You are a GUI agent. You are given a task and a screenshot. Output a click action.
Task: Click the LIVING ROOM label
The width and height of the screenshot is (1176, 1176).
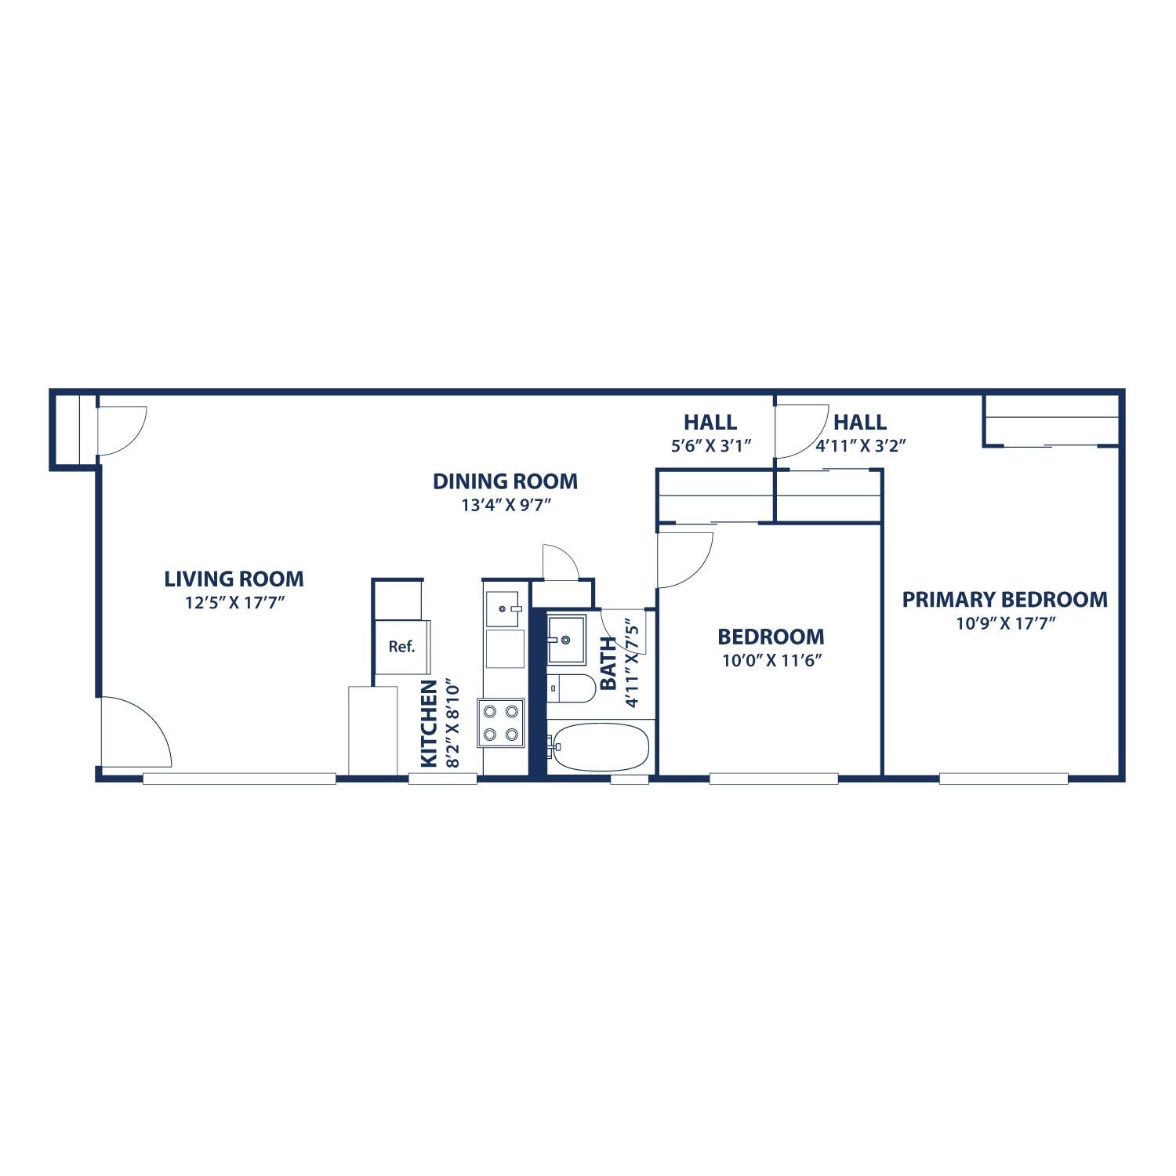coord(234,579)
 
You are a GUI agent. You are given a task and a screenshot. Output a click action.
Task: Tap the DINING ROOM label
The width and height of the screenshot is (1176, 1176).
coord(505,481)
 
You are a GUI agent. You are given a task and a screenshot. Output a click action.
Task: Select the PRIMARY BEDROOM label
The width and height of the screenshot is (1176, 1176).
coord(1004,600)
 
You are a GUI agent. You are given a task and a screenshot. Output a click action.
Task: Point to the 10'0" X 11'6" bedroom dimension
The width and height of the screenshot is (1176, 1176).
coord(771,660)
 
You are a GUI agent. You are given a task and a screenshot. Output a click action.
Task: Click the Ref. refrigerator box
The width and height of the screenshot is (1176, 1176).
coord(401,647)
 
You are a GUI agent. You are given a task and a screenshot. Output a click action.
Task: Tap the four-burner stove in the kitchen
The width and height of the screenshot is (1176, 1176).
coord(502,723)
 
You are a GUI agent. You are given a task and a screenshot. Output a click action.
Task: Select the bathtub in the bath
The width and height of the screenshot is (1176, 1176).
coord(601,747)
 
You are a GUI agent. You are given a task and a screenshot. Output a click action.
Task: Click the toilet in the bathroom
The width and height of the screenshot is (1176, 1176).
coord(571,688)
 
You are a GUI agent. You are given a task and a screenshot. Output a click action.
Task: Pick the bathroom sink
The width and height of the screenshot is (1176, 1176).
coord(566,639)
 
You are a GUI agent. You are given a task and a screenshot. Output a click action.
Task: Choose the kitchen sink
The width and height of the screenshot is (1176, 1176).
coord(503,609)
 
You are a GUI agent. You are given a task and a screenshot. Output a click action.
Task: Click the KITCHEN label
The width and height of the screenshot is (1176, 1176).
coord(429,724)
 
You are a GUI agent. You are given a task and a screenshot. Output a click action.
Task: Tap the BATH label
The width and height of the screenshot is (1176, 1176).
coord(608,663)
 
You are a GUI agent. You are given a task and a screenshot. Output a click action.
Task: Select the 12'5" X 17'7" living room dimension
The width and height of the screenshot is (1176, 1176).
coord(234,603)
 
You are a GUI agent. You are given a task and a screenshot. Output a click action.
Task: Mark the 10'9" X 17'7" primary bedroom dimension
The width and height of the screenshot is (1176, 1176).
coord(1004,623)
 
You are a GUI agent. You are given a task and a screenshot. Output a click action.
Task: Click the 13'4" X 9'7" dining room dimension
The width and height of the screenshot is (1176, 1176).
coord(506,505)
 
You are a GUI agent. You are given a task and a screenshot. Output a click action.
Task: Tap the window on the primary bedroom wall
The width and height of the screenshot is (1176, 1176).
coord(1004,779)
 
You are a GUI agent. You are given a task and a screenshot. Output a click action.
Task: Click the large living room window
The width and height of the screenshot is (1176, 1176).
coord(239,779)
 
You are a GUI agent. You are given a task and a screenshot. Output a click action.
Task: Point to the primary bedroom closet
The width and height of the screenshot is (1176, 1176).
coord(1051,421)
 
